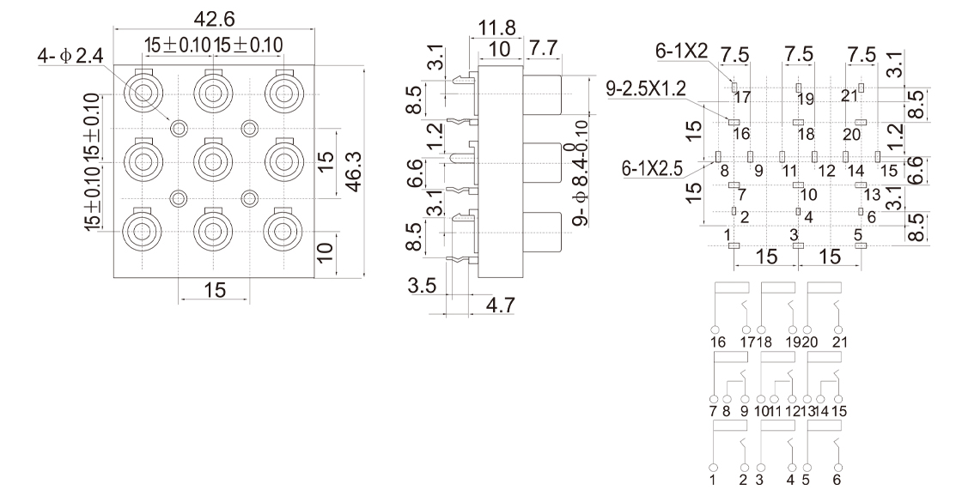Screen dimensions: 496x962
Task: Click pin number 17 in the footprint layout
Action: tap(741, 98)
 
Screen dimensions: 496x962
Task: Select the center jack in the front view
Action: tap(212, 160)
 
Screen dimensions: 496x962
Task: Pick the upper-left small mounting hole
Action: tap(178, 129)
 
